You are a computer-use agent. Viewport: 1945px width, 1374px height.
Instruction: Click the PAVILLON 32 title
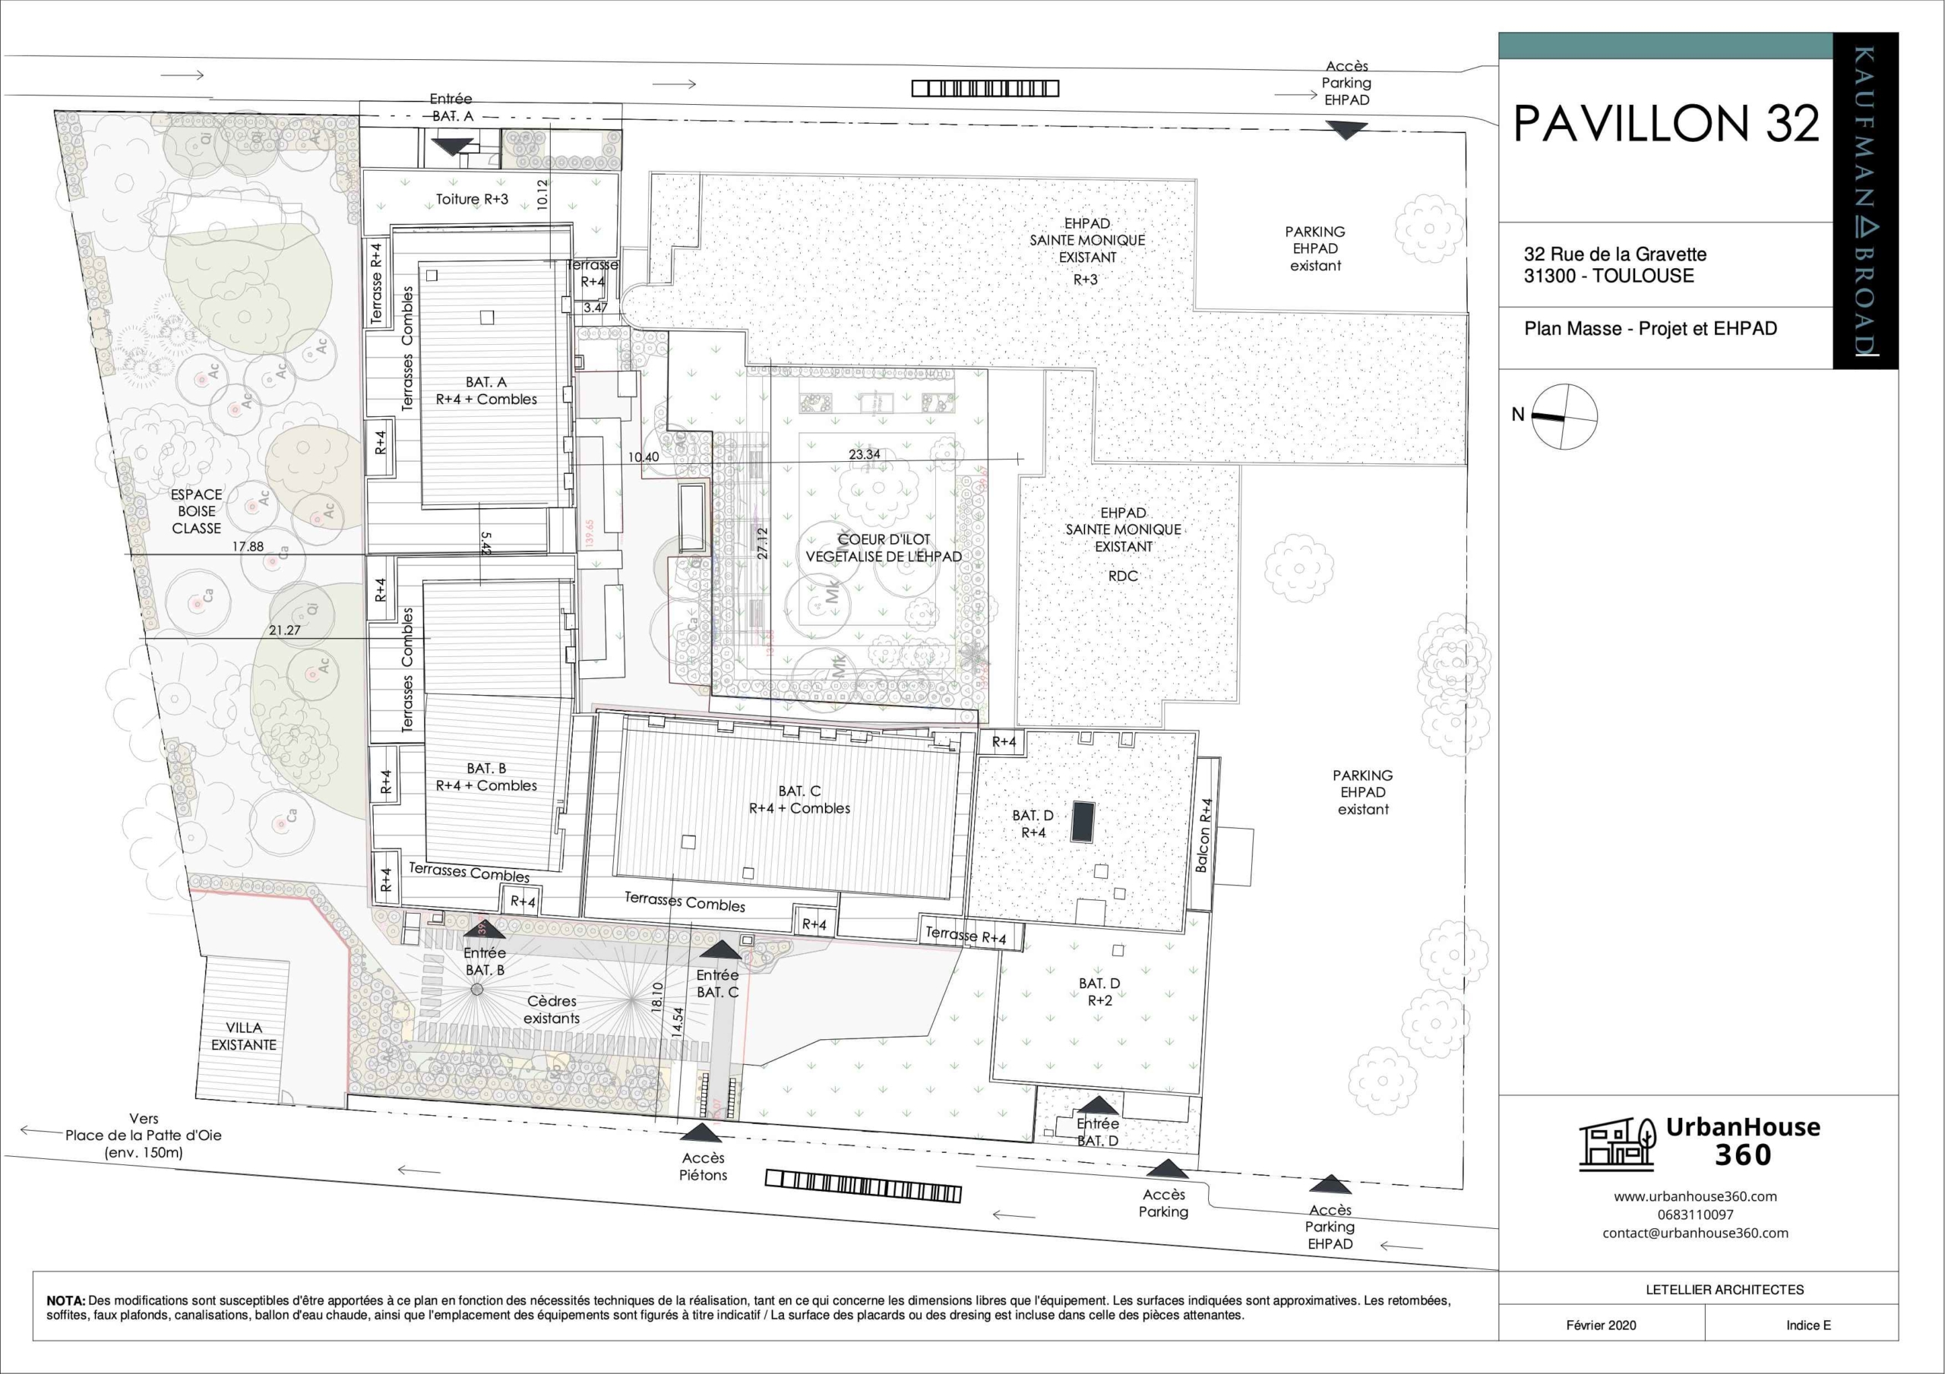point(1665,124)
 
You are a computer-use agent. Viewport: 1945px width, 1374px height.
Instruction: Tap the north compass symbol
point(1564,416)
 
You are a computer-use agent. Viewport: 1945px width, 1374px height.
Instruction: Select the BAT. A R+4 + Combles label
point(486,390)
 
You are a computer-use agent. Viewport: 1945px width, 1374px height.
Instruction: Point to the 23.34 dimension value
point(864,454)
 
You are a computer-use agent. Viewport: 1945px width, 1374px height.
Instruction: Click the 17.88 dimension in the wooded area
point(248,546)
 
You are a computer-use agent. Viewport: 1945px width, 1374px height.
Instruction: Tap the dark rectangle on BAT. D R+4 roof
point(1082,821)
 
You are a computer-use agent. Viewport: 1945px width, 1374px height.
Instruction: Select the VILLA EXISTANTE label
point(244,1036)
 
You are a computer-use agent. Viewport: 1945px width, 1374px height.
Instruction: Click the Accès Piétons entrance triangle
point(701,1132)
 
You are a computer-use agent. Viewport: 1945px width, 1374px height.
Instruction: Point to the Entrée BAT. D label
point(1098,1132)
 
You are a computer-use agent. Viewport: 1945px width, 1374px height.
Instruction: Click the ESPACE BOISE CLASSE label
point(197,511)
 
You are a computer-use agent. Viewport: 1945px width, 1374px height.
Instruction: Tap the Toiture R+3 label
point(472,199)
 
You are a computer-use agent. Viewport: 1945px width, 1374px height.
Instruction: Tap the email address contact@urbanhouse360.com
point(1695,1233)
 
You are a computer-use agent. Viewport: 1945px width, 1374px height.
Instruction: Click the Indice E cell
point(1807,1325)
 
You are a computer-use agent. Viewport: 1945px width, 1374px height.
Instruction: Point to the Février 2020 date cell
point(1601,1325)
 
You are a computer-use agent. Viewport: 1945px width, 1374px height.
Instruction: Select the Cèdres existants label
point(552,1009)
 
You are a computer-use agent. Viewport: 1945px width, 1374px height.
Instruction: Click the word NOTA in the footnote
point(65,1300)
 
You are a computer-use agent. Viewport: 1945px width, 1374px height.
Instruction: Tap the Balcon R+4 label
point(1203,835)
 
